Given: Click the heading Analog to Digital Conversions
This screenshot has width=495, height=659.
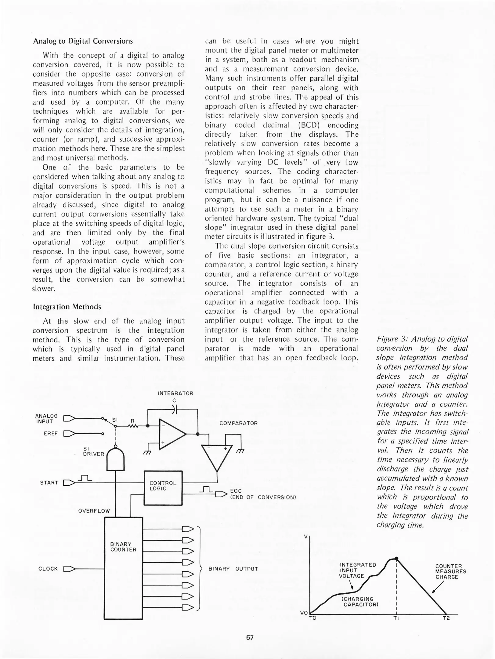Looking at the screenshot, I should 83,41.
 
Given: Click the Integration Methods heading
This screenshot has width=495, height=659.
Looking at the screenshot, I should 67,307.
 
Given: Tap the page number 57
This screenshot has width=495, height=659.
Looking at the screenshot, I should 250,637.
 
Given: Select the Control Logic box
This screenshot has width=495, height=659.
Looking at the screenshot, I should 163,488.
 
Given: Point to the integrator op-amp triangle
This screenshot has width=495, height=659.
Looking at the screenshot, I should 171,434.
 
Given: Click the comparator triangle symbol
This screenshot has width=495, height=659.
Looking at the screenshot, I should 217,457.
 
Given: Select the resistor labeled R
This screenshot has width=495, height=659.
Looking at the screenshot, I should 133,426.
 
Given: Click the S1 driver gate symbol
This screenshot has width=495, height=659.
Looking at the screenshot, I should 116,459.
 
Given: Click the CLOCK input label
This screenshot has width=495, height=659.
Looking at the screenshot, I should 48,569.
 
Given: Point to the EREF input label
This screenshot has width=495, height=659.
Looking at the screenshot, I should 51,434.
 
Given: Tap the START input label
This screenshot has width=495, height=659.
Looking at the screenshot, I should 49,483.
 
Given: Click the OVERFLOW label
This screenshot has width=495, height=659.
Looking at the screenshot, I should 94,511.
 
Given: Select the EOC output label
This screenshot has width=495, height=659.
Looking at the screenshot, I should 236,491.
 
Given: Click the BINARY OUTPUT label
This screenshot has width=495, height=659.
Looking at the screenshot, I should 233,569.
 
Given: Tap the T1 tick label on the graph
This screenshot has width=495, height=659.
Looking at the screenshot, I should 396,618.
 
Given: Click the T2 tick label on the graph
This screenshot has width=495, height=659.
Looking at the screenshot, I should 446,618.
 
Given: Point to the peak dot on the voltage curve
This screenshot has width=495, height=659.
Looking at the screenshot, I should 396,559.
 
